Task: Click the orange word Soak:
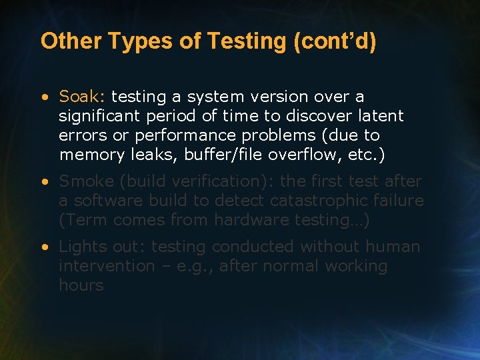click(83, 97)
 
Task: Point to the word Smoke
click(85, 181)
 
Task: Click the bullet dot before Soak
click(44, 97)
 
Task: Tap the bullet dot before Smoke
click(44, 181)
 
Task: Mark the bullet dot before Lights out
click(44, 247)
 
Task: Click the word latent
click(379, 116)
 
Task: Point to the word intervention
click(109, 266)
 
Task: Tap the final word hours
click(81, 285)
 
